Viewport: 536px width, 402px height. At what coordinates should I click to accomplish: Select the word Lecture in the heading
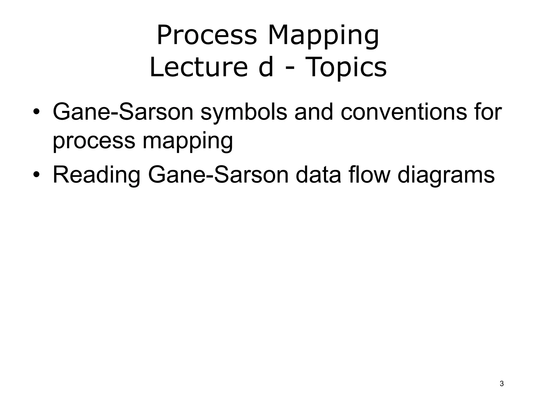coord(198,67)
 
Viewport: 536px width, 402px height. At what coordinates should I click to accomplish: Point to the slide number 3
coord(502,384)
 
